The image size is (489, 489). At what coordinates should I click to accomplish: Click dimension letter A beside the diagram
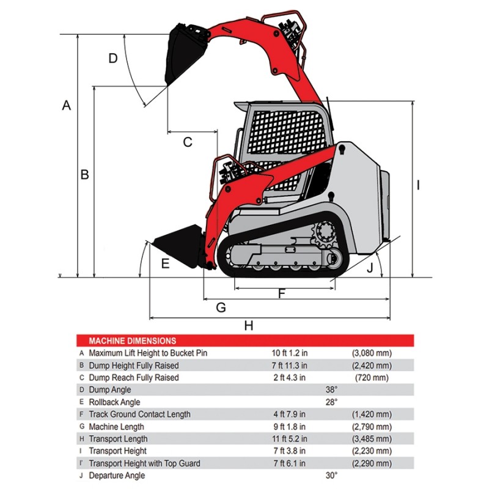[x=67, y=105]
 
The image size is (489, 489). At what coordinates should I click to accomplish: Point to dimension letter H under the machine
[x=248, y=325]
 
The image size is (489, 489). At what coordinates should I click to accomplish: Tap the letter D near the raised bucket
[x=112, y=59]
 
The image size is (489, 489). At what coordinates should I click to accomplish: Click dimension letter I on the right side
[x=418, y=185]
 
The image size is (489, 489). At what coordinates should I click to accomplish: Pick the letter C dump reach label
[x=188, y=142]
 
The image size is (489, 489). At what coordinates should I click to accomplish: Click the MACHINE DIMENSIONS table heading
[x=132, y=341]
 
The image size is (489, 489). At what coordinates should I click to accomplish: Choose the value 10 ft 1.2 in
[x=289, y=353]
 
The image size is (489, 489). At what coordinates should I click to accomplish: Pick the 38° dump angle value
[x=331, y=390]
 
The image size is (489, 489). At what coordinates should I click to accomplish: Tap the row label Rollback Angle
[x=114, y=402]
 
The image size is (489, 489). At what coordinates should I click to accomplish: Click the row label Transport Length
[x=118, y=439]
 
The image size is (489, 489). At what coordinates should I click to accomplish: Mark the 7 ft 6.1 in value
[x=289, y=463]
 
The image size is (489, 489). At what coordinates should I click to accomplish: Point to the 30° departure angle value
[x=331, y=476]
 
